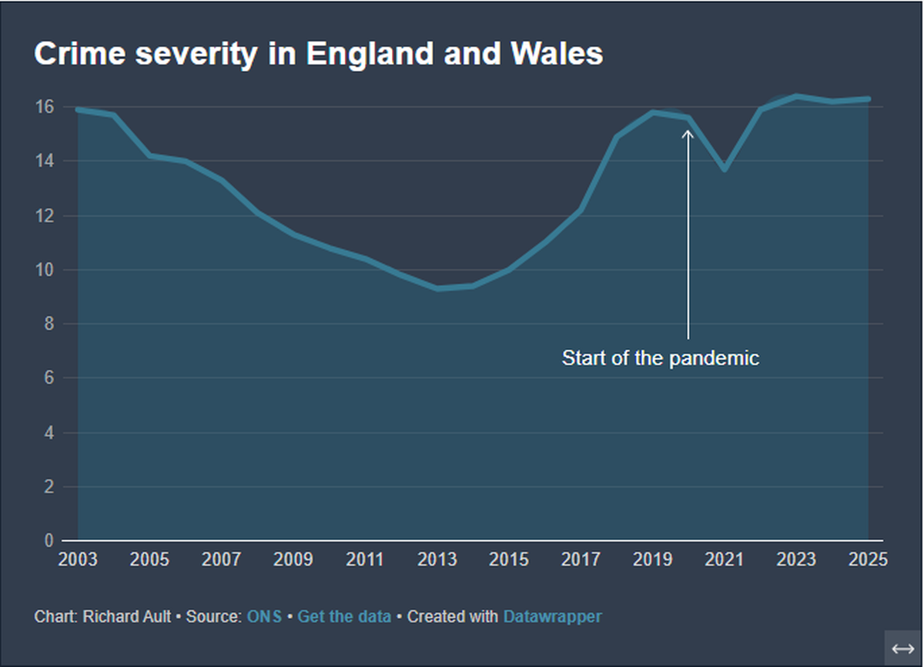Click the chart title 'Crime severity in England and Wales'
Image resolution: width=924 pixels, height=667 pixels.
[x=318, y=55]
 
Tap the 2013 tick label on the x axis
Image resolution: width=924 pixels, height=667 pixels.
[x=437, y=560]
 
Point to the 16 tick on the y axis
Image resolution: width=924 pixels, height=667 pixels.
[x=45, y=107]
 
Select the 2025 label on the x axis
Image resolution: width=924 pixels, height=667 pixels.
[x=868, y=560]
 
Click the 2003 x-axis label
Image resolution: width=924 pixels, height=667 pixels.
[x=78, y=560]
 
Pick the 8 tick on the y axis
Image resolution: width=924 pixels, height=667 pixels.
[x=49, y=324]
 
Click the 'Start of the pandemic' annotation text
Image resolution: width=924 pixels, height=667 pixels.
[x=660, y=359]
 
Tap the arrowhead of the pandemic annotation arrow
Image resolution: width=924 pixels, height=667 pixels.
[x=688, y=134]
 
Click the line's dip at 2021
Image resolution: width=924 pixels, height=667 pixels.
[x=725, y=169]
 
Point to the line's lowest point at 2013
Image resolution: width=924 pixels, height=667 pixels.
[x=437, y=288]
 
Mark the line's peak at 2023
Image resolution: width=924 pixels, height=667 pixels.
[x=796, y=96]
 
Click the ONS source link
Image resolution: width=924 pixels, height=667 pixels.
[x=264, y=617]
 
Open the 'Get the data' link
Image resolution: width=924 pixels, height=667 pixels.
[x=344, y=617]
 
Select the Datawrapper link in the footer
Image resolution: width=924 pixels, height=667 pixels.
[x=552, y=617]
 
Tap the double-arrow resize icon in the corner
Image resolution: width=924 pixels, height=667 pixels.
[x=902, y=649]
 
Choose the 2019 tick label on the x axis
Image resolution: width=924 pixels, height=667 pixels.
[x=653, y=560]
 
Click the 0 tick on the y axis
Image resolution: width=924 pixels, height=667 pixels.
[x=49, y=541]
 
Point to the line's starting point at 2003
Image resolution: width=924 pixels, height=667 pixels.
[x=78, y=110]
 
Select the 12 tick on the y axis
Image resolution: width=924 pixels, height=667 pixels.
[x=45, y=215]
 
